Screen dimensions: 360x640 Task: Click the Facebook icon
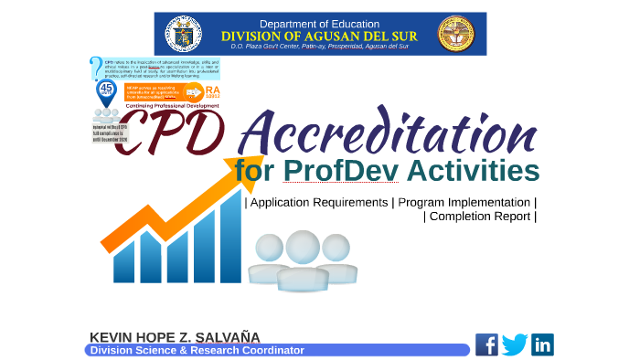coord(486,344)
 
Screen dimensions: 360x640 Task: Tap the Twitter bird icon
coord(515,344)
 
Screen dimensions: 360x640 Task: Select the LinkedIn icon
coord(543,344)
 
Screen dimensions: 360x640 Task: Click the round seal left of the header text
coord(184,34)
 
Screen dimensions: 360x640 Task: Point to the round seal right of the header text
coord(456,34)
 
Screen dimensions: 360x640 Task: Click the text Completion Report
coord(480,217)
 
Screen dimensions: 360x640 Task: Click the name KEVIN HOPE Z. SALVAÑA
coord(175,337)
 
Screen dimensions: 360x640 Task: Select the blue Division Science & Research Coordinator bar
coord(274,350)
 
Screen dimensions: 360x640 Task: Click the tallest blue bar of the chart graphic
coord(230,238)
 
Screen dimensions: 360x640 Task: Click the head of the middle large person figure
coord(303,247)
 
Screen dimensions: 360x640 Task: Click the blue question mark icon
coord(96,69)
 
